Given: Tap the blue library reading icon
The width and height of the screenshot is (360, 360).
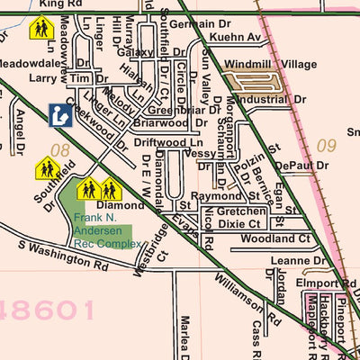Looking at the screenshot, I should pyautogui.click(x=59, y=114).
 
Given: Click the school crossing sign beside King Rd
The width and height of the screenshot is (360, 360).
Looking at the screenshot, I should pyautogui.click(x=40, y=29).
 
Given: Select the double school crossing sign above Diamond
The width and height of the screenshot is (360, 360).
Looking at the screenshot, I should pyautogui.click(x=99, y=189).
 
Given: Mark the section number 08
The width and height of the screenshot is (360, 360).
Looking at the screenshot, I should pyautogui.click(x=60, y=150).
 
